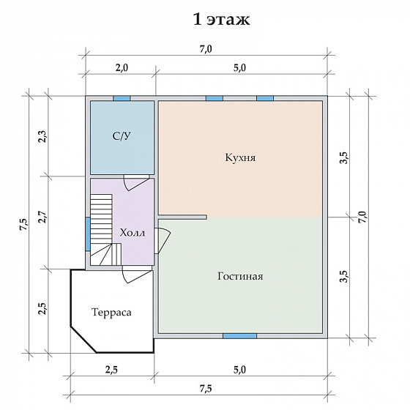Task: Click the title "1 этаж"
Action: point(221,20)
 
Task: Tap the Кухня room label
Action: point(240,157)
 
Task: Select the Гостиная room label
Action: point(240,277)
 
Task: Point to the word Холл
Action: point(133,233)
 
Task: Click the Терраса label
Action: point(111,312)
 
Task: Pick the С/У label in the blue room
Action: point(122,135)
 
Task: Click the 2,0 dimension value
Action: point(122,67)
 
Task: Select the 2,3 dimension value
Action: point(42,136)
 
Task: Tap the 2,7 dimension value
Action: point(42,217)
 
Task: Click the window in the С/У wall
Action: point(122,98)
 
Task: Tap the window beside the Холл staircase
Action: point(88,234)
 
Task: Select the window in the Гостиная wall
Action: point(240,336)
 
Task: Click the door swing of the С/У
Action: point(136,184)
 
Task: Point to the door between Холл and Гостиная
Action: point(162,241)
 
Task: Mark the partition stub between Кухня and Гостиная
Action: point(182,217)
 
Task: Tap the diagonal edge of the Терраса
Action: point(83,340)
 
